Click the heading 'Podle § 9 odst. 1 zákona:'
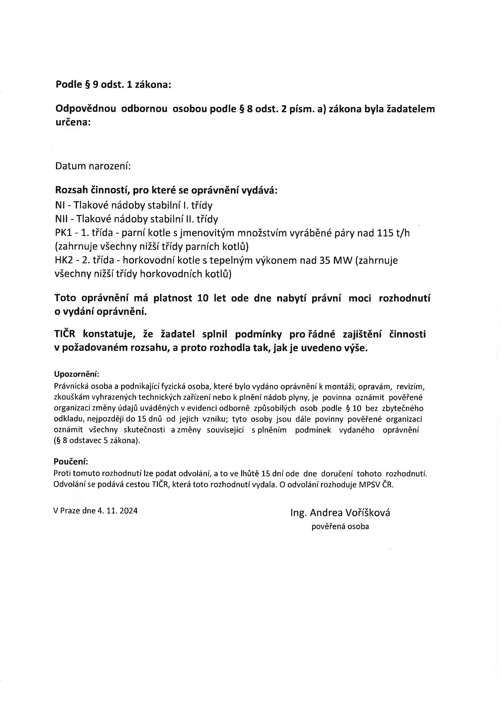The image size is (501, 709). [113, 85]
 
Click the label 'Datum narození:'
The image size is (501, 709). [93, 166]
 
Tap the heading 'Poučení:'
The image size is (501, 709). [71, 462]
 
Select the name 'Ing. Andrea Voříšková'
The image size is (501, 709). [340, 513]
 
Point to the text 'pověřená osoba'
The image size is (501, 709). [340, 527]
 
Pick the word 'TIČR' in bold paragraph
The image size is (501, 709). [65, 334]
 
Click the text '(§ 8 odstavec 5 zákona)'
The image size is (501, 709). [97, 441]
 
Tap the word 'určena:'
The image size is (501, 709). [73, 122]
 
